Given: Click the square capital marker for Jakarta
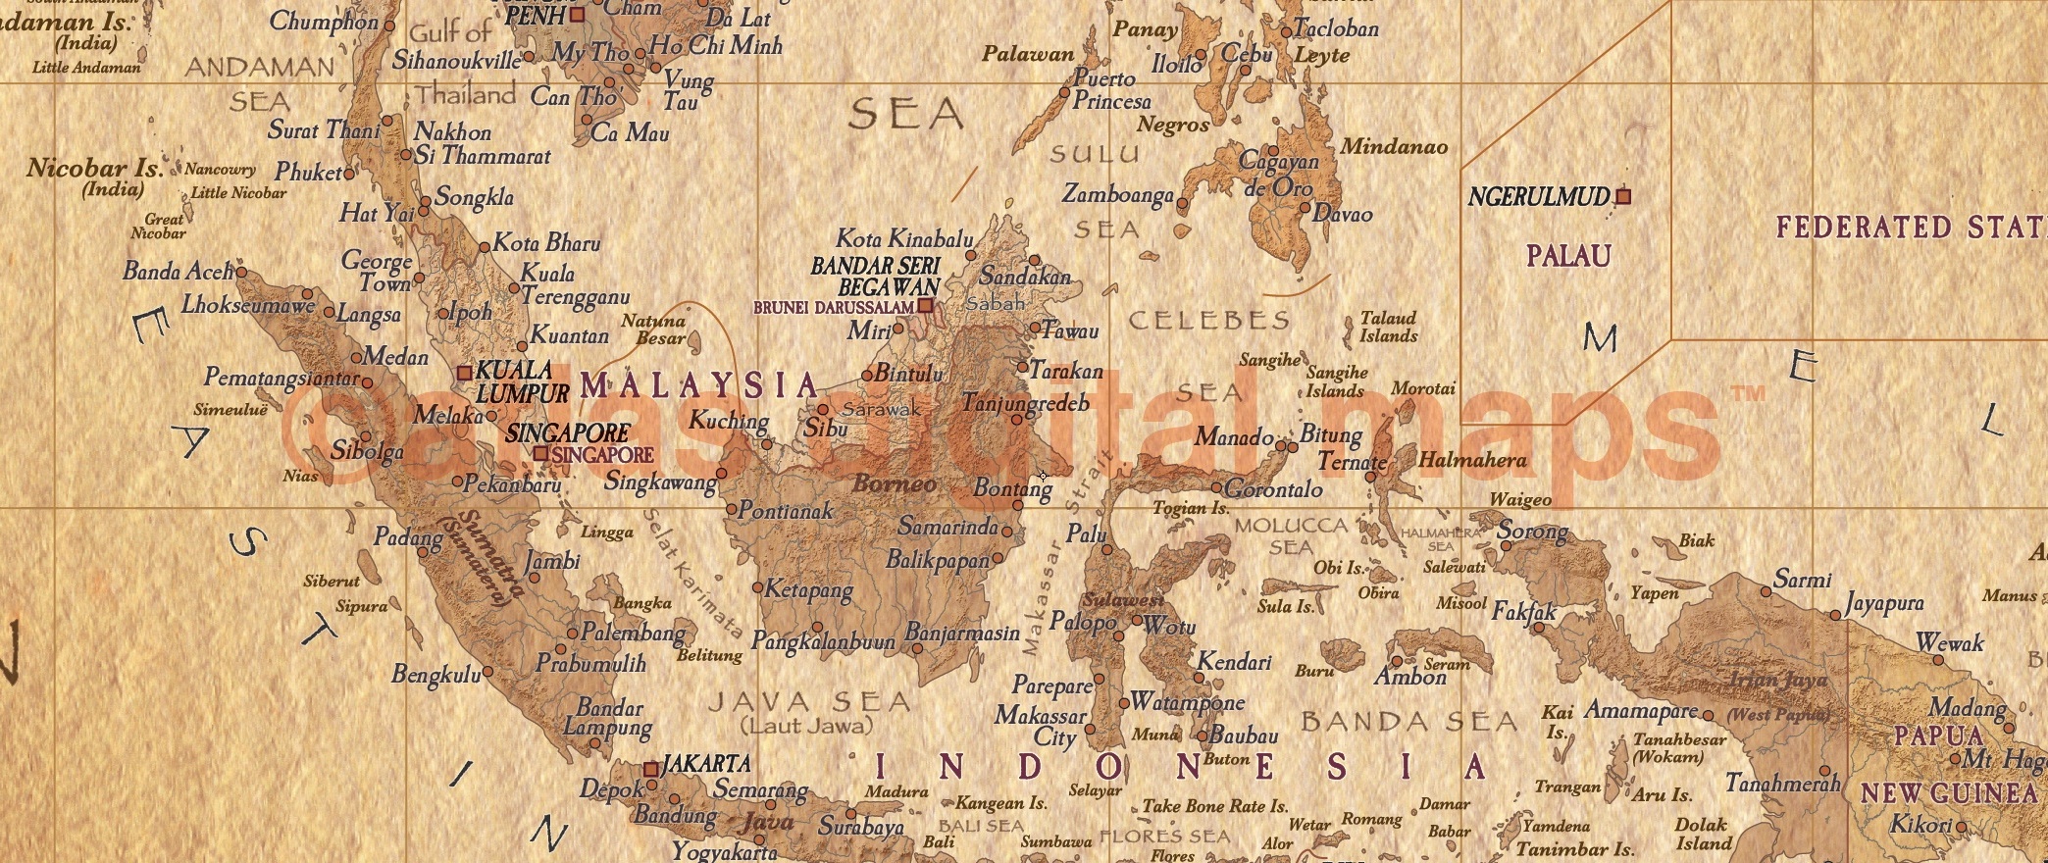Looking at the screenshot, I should tap(650, 770).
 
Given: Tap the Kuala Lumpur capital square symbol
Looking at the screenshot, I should tap(465, 373).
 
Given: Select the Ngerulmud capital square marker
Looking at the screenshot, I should tap(1623, 196).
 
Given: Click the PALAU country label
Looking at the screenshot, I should tap(1568, 257).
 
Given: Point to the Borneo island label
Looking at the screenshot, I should tap(894, 483).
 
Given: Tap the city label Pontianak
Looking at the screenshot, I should tap(785, 511).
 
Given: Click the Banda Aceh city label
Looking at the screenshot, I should tap(179, 272).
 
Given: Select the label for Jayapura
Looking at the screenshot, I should tap(1884, 603).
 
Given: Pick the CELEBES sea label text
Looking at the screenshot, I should tap(1208, 321).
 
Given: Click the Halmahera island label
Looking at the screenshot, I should tap(1472, 460).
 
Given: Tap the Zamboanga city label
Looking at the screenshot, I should tap(1117, 195).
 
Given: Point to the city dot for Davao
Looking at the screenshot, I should tap(1305, 208).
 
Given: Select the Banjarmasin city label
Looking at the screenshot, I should tap(962, 634).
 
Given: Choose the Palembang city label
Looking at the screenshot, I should tap(634, 633).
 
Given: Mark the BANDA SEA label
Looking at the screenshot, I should tap(1408, 723).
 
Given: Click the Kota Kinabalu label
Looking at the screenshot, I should tap(903, 238).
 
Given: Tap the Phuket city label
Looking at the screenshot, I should tap(308, 173).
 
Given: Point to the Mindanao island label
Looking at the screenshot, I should tap(1394, 147).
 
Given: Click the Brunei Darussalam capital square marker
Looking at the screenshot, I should tap(925, 306).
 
